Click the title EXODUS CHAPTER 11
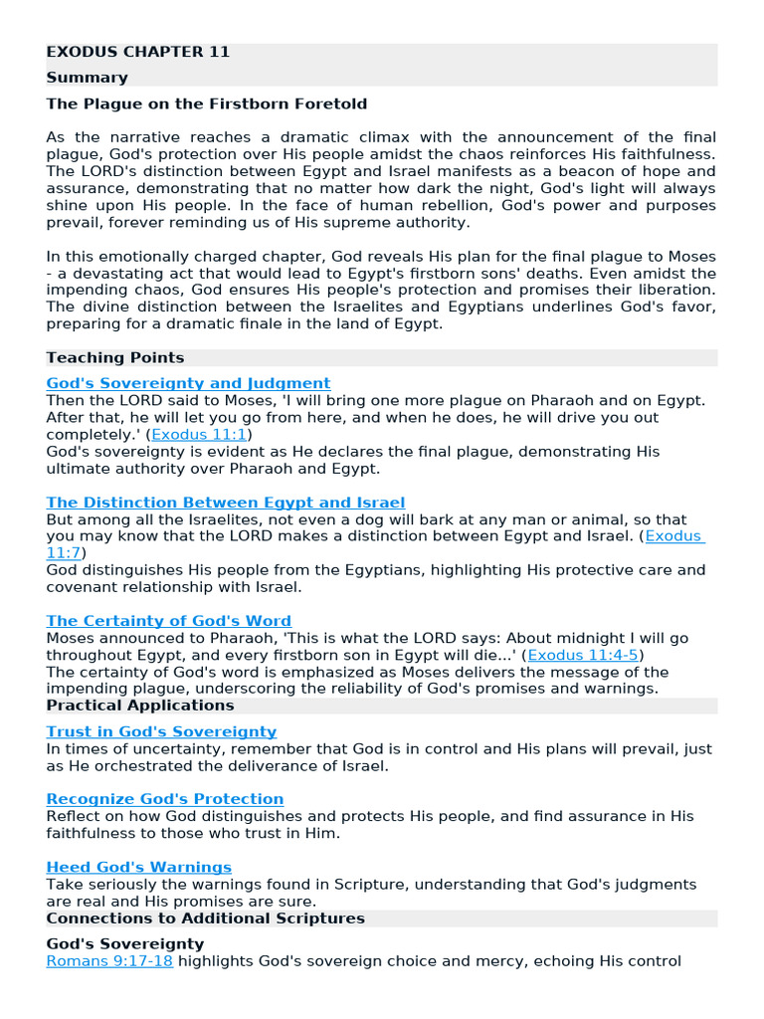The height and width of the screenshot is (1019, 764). point(138,52)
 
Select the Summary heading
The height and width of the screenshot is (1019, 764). point(88,78)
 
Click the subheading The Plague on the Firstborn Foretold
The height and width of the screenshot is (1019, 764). point(207,103)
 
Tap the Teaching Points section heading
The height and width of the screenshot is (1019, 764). point(115,357)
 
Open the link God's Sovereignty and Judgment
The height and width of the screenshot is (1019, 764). point(188,383)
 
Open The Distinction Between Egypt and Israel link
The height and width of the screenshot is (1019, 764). point(226,503)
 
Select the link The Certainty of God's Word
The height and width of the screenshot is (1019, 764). point(169,621)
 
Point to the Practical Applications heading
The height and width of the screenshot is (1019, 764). point(140,706)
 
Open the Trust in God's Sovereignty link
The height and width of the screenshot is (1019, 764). point(161,731)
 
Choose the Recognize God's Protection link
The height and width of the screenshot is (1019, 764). point(165,799)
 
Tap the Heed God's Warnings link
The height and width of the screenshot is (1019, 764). point(139,868)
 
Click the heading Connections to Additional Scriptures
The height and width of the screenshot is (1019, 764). point(206,918)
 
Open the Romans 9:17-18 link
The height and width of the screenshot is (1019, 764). point(109,961)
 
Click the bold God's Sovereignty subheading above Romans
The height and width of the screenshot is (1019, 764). point(125,943)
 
